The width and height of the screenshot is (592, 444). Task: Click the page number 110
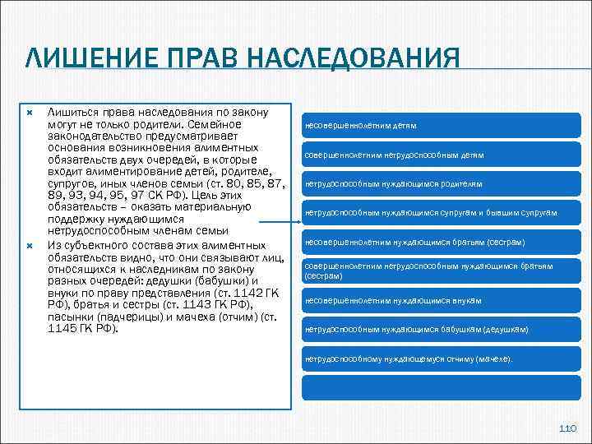567,428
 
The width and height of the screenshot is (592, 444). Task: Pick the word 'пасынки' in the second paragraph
71,316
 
